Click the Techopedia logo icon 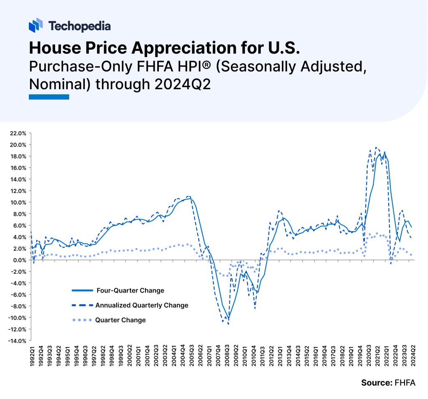(36, 26)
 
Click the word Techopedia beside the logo (79, 26)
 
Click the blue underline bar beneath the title (48, 97)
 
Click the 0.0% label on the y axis (19, 260)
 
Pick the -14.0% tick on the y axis (17, 341)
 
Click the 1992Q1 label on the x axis (32, 356)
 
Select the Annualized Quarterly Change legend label (142, 305)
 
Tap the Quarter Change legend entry (121, 320)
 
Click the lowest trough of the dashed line (228, 324)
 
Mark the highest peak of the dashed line (376, 147)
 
